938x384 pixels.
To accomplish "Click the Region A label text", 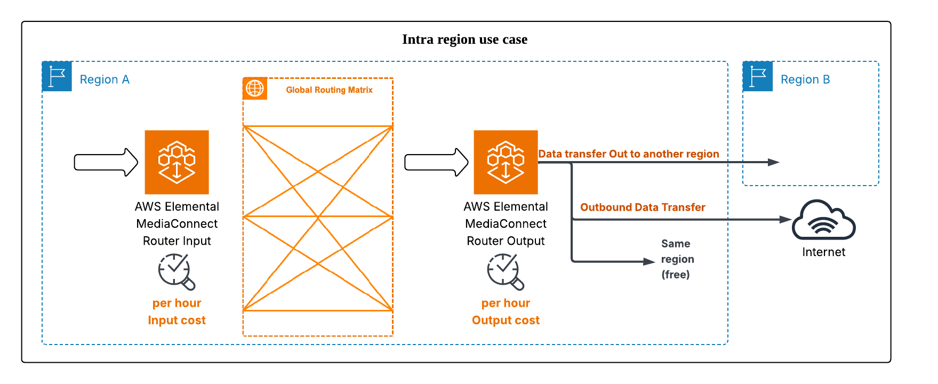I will [105, 79].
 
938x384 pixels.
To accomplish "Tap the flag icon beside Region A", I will [57, 77].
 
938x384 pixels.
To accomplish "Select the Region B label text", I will [805, 79].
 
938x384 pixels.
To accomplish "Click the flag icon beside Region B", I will [758, 77].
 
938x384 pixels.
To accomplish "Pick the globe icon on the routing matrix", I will [255, 88].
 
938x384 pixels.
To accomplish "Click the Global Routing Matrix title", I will [329, 90].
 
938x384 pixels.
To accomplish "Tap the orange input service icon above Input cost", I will [177, 162].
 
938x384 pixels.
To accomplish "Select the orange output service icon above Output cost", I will [506, 162].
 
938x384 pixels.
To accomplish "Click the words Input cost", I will [177, 320].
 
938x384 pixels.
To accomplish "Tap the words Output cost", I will [506, 320].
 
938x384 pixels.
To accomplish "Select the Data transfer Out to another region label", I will [628, 154].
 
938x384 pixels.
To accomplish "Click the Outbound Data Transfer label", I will [643, 207].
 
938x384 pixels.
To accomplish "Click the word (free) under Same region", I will [676, 274].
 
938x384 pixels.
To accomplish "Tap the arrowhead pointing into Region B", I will [774, 162].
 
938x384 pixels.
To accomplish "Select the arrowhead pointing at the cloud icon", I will [785, 219].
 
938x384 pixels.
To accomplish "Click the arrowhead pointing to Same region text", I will [649, 261].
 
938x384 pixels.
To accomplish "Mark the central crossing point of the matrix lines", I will [318, 217].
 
